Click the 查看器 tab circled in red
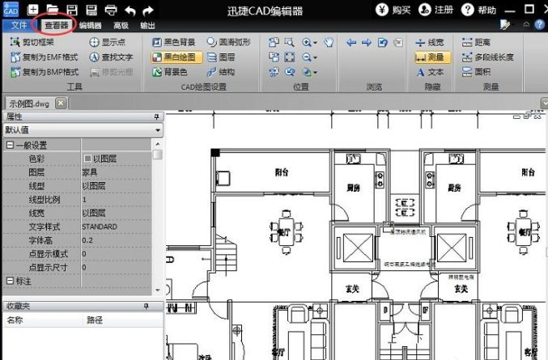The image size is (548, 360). click(57, 25)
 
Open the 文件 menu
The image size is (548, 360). click(19, 25)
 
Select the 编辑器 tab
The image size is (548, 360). click(90, 25)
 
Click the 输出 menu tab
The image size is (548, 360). click(147, 25)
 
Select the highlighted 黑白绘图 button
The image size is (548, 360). click(173, 57)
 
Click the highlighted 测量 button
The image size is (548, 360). click(432, 57)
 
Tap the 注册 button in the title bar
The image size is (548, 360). click(437, 10)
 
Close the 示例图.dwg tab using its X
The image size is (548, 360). click(61, 103)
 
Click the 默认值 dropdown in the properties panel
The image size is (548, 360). click(81, 129)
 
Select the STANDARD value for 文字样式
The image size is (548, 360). click(100, 227)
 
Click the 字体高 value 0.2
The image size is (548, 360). click(88, 240)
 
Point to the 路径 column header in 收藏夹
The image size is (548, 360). click(95, 320)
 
